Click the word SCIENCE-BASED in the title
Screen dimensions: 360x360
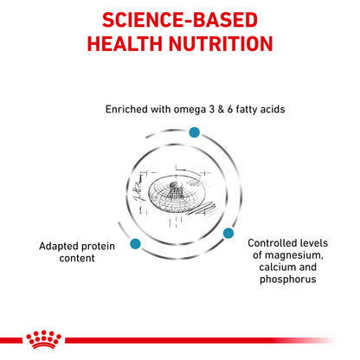pyautogui.click(x=180, y=19)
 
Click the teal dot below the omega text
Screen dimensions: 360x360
pyautogui.click(x=194, y=131)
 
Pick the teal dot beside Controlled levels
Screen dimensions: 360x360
pyautogui.click(x=229, y=234)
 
